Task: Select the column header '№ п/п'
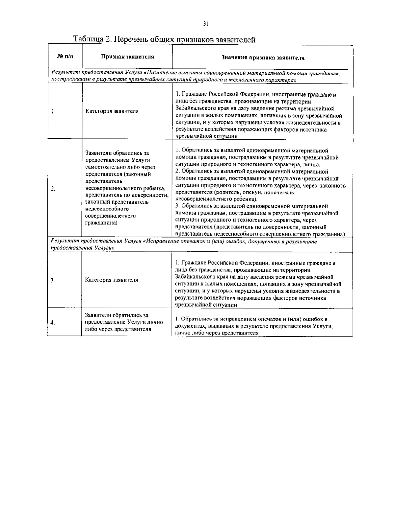pyautogui.click(x=65, y=57)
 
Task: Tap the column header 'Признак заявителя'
pyautogui.click(x=127, y=57)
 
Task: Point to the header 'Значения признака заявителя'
pyautogui.click(x=263, y=58)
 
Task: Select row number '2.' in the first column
pyautogui.click(x=53, y=189)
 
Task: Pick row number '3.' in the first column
pyautogui.click(x=53, y=280)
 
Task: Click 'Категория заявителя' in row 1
pyautogui.click(x=112, y=111)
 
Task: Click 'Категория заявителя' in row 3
pyautogui.click(x=112, y=280)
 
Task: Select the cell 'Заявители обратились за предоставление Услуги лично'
pyautogui.click(x=124, y=322)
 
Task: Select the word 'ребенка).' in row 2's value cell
pyautogui.click(x=245, y=199)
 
